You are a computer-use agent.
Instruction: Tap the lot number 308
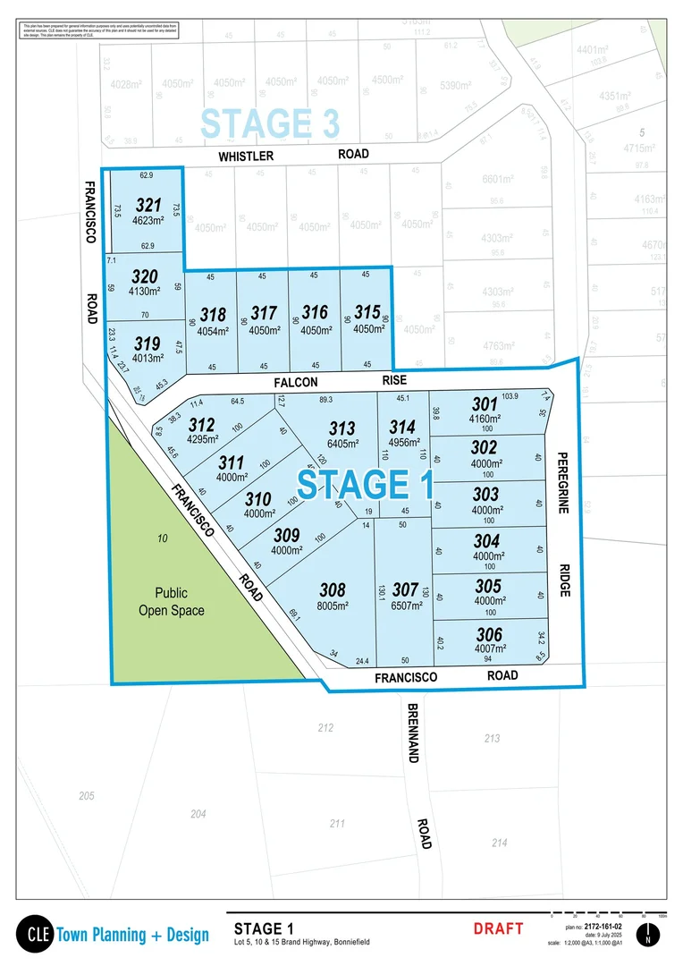pos(333,590)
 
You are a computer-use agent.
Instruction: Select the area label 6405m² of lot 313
pos(342,443)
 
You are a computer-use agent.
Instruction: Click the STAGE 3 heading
pos(257,123)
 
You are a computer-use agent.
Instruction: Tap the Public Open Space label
pos(171,601)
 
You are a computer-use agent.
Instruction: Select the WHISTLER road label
pos(246,156)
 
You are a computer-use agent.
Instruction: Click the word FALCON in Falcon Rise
pos(296,382)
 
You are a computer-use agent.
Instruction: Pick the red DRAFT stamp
pos(498,928)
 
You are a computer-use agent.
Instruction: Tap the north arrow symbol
pos(649,935)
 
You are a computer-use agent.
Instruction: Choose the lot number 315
pos(367,313)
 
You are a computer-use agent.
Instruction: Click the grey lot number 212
pos(325,728)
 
